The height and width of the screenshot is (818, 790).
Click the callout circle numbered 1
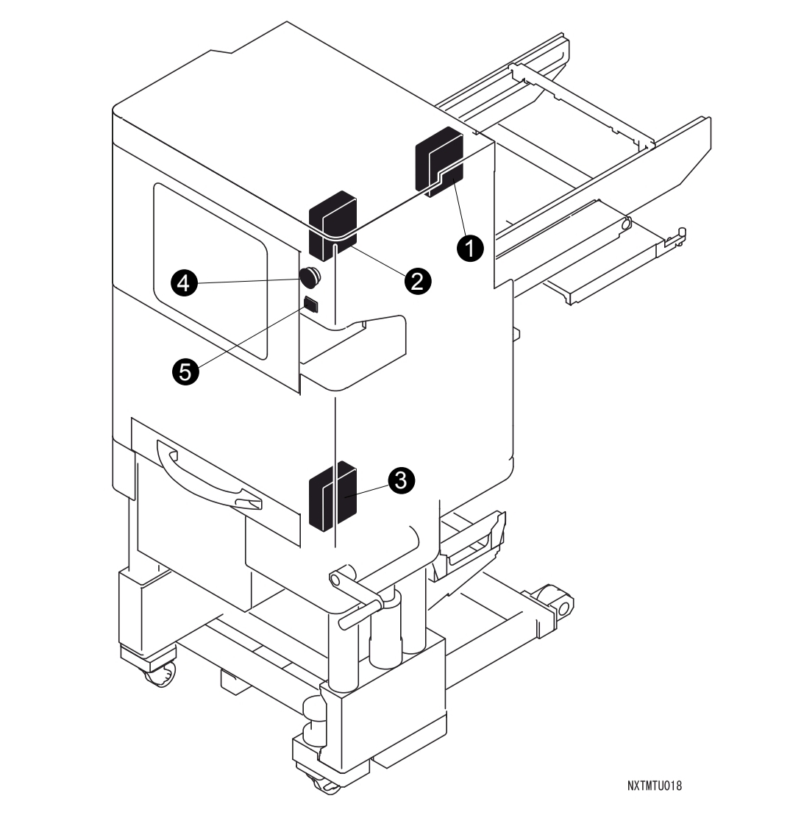470,248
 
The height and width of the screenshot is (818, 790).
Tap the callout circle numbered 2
418,281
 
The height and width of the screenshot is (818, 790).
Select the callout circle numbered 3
401,480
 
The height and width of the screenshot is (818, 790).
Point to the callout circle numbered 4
184,283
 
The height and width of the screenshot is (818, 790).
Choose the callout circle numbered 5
186,372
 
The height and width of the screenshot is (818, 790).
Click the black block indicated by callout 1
439,163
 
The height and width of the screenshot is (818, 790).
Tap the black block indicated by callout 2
332,225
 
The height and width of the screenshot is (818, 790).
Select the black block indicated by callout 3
332,496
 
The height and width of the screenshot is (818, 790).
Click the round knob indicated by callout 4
310,277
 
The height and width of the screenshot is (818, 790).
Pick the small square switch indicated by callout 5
311,304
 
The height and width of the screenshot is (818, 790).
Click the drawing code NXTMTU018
655,786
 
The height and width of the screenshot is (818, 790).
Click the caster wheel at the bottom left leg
160,675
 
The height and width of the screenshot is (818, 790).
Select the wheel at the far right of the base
554,602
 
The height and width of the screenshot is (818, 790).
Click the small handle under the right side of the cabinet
473,540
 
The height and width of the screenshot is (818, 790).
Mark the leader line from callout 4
249,281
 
